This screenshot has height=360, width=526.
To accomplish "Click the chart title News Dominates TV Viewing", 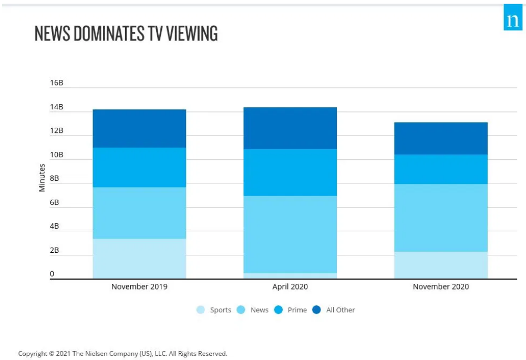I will click(126, 34).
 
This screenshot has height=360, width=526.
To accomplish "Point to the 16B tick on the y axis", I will click(56, 83).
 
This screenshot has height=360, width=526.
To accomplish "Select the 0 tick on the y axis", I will click(52, 274).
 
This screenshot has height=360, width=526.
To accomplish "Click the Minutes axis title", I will click(42, 178).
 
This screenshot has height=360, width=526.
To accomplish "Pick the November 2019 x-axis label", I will click(139, 287).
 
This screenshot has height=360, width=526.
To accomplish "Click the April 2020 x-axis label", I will click(290, 287).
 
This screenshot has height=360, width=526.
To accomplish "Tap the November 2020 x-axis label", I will click(441, 287).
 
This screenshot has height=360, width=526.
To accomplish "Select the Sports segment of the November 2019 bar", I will click(139, 259).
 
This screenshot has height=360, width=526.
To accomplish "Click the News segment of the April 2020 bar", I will click(290, 234).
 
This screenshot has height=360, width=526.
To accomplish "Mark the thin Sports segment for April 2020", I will click(290, 276).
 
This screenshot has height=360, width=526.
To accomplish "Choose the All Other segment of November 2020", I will click(441, 138).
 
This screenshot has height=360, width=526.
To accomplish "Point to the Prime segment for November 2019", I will click(139, 167).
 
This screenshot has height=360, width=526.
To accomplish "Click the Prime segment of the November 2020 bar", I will click(441, 169).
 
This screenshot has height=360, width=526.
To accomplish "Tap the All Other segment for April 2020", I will click(290, 128).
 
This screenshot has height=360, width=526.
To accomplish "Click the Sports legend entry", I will click(214, 310).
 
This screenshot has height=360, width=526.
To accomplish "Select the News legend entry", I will click(253, 310).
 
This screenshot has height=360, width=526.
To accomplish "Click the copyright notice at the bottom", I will click(123, 354).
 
